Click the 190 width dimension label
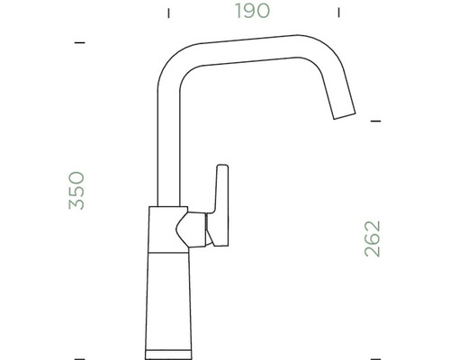(251, 13)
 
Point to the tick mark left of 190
(167, 13)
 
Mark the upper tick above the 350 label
(79, 42)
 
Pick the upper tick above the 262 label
(376, 120)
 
